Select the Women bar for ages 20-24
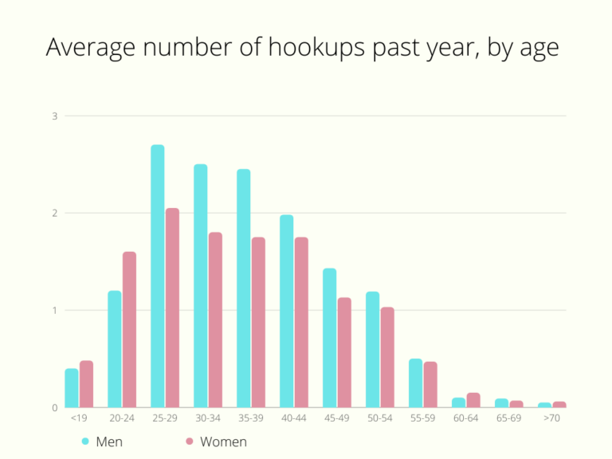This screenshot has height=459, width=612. (x=129, y=330)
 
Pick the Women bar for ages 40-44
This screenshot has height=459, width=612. (x=301, y=323)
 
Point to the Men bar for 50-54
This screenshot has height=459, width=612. (x=373, y=350)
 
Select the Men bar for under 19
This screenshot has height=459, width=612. (x=72, y=388)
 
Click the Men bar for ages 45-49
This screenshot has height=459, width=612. (x=330, y=338)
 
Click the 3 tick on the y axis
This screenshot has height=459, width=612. (x=55, y=116)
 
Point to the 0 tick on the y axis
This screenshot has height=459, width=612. (x=55, y=408)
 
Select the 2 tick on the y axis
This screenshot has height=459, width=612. (x=55, y=214)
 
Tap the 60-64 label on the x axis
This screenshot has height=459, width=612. (x=465, y=418)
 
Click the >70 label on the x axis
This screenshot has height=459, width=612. (x=551, y=418)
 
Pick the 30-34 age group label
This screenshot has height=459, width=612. (x=207, y=418)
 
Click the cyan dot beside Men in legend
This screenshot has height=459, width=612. (x=85, y=441)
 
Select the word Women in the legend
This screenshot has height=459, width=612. (x=223, y=441)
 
